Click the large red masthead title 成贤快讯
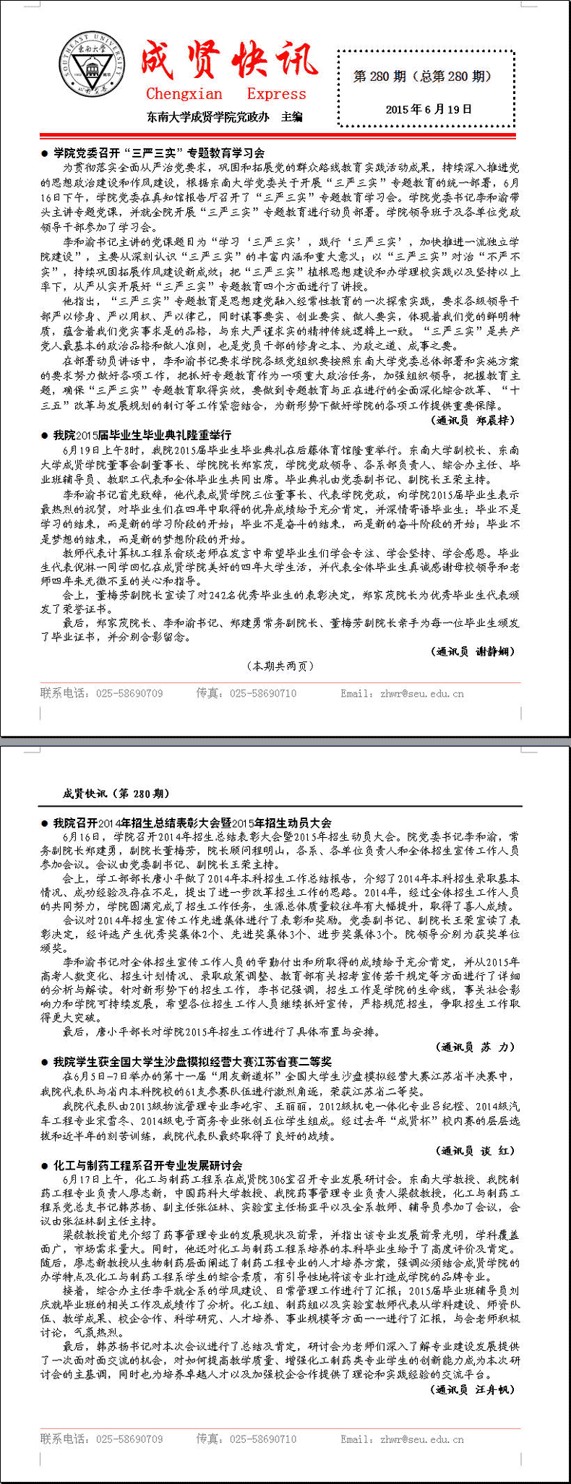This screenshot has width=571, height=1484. pyautogui.click(x=228, y=61)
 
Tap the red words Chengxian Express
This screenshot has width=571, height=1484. pyautogui.click(x=226, y=94)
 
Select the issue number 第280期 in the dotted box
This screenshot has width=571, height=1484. pyautogui.click(x=422, y=76)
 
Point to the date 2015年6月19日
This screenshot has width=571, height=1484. pyautogui.click(x=429, y=109)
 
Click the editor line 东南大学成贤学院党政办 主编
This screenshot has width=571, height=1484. pyautogui.click(x=225, y=117)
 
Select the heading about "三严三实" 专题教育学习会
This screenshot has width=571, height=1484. pyautogui.click(x=159, y=153)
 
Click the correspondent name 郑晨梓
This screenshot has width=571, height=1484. pyautogui.click(x=495, y=420)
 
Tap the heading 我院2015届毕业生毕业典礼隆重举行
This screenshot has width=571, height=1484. pyautogui.click(x=142, y=434)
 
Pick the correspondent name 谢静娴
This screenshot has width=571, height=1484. pyautogui.click(x=495, y=651)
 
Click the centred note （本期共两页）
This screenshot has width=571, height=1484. pyautogui.click(x=280, y=666)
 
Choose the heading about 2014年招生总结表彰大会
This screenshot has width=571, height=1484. pyautogui.click(x=192, y=823)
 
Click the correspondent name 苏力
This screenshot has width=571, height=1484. pyautogui.click(x=499, y=1047)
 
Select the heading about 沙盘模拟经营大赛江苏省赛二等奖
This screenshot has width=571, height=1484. pyautogui.click(x=192, y=1061)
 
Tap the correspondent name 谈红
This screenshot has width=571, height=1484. pyautogui.click(x=499, y=1150)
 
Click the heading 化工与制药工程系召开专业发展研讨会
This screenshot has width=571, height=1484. pyautogui.click(x=147, y=1165)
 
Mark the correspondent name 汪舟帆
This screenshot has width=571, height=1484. pyautogui.click(x=495, y=1389)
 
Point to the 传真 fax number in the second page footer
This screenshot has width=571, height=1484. pyautogui.click(x=262, y=1438)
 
